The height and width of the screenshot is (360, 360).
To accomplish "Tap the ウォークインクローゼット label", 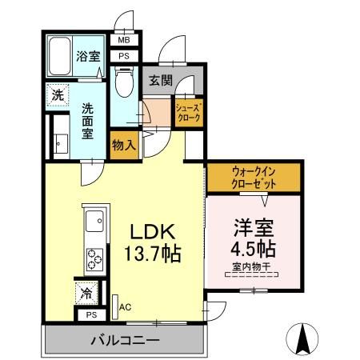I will point(255,176).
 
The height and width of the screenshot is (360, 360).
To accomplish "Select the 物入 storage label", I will point(123,145).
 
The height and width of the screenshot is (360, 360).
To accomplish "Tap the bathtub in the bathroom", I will point(60,55).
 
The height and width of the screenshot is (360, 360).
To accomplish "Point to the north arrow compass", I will point(303,338).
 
